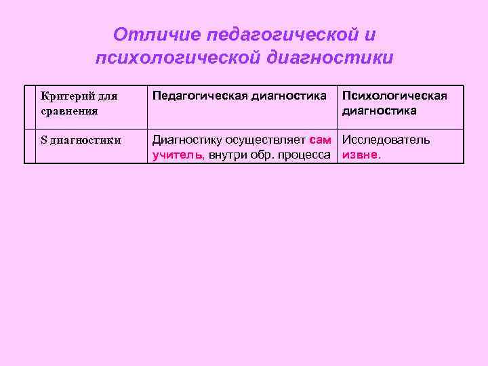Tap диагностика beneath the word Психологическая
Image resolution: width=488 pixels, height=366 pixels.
379,110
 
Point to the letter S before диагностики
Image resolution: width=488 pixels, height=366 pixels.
44,140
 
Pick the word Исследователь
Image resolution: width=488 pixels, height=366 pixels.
386,140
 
